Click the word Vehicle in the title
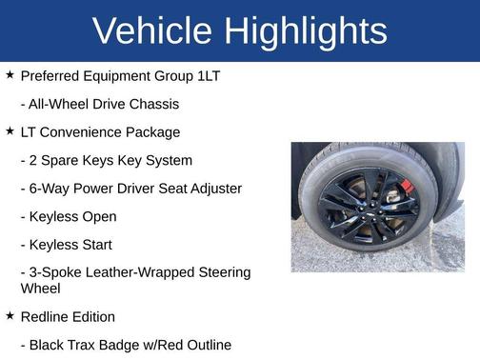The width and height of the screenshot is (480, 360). [x=152, y=31]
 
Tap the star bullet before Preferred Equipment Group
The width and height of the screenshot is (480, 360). [x=10, y=74]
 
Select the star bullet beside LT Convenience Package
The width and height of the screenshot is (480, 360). [x=10, y=130]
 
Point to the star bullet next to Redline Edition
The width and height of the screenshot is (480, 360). [x=10, y=315]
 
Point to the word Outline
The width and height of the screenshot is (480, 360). [x=205, y=345]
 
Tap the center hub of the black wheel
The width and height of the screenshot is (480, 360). [x=361, y=206]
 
